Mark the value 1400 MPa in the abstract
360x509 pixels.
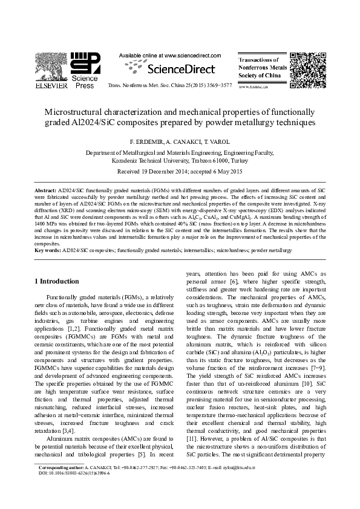[45, 224]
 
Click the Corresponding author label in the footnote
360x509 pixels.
[61, 468]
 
